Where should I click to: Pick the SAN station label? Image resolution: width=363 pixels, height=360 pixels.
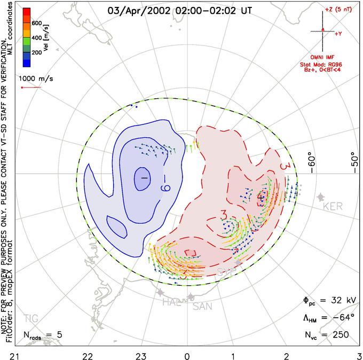[x=202, y=307]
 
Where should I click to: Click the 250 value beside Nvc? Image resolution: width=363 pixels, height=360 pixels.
[x=338, y=335]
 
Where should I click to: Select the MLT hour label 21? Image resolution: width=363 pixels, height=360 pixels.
[x=7, y=355]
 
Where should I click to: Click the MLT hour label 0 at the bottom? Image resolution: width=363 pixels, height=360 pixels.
[x=187, y=355]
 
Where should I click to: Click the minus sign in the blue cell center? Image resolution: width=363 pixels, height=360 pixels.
[x=144, y=177]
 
